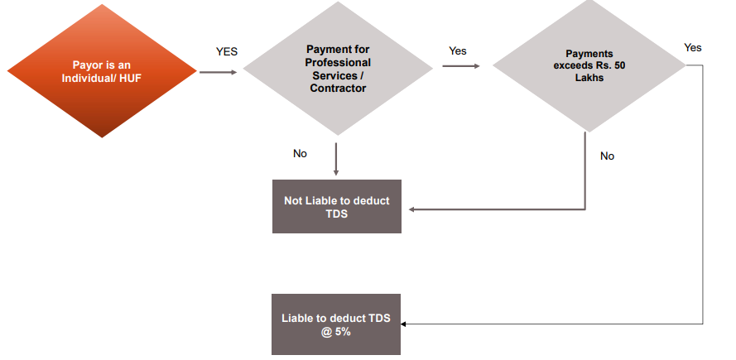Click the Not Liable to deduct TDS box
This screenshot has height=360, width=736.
[x=336, y=206]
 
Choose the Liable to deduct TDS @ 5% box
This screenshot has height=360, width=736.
[x=336, y=324]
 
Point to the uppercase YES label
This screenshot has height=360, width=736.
[x=227, y=51]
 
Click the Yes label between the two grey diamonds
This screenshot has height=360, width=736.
[x=458, y=51]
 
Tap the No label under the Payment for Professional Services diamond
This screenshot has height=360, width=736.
[x=300, y=154]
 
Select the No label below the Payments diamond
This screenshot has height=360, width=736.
[x=608, y=156]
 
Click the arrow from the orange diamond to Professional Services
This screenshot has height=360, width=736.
[x=218, y=72]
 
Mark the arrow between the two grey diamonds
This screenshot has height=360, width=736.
[x=463, y=66]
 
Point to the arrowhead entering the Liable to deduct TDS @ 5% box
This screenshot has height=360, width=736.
[x=406, y=324]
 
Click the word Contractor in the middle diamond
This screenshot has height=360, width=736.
[x=338, y=89]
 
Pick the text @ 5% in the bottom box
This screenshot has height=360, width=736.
[x=336, y=332]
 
